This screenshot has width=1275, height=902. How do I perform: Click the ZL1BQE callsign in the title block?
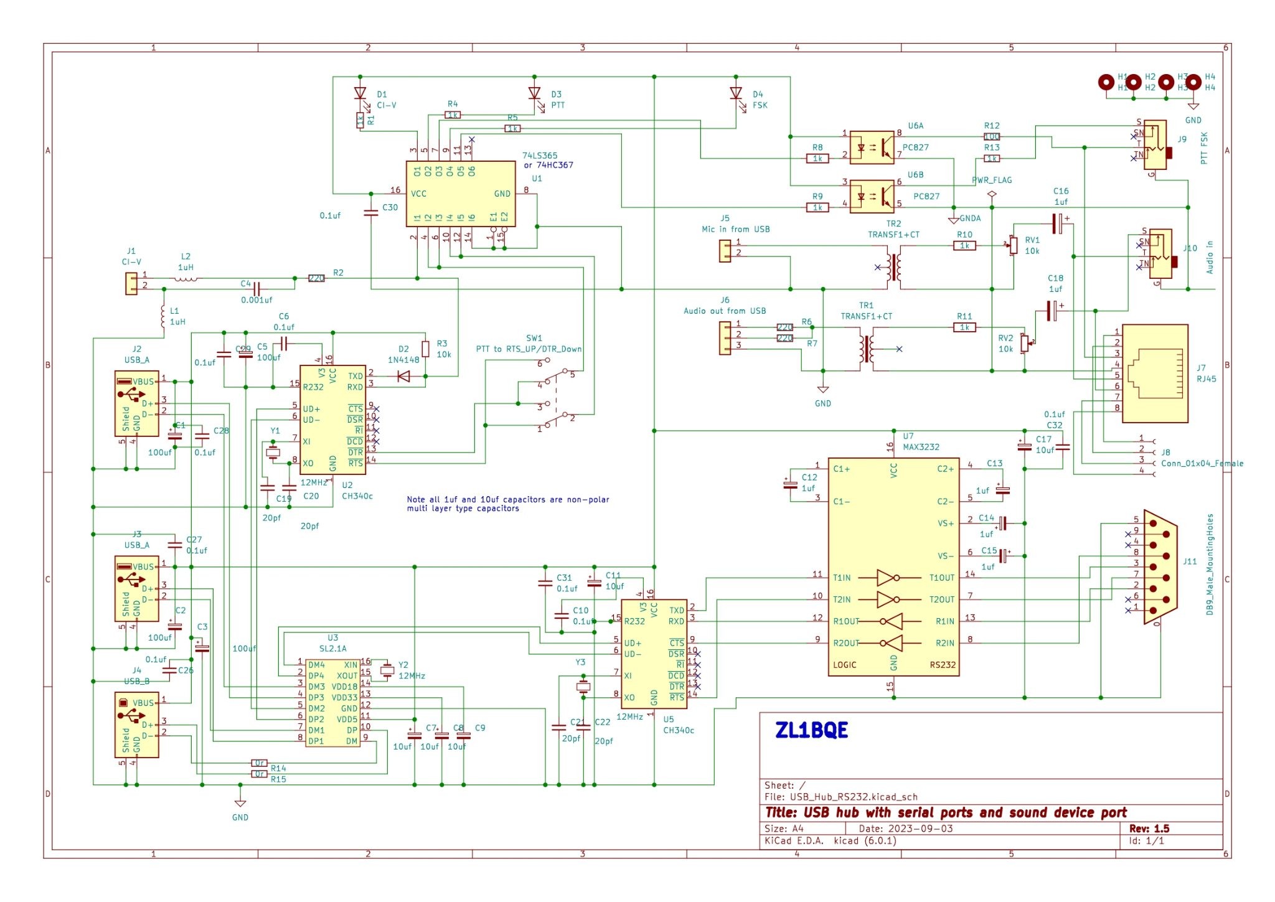(811, 730)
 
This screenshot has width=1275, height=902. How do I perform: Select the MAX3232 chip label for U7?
(921, 447)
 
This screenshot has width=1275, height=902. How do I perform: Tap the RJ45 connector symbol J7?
(1155, 373)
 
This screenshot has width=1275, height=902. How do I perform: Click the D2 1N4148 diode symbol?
(403, 376)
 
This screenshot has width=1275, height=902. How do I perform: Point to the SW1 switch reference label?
(534, 338)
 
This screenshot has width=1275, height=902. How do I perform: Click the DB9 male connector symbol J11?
(1159, 566)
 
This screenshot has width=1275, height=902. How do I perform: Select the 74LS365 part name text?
(540, 156)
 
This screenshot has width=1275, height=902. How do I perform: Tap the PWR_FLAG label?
(992, 181)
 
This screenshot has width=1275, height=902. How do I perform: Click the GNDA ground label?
(970, 218)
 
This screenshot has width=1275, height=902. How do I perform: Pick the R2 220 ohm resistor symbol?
(316, 278)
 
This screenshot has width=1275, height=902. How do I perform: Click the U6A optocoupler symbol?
(872, 148)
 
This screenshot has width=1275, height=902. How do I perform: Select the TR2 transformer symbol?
(894, 267)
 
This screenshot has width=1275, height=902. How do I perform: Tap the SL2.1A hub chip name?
(332, 649)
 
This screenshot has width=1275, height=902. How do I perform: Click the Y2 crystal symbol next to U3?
(387, 670)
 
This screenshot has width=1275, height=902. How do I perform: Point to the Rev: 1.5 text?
(1149, 829)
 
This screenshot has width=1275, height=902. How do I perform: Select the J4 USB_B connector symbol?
(137, 725)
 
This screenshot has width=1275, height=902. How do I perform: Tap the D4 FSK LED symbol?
(736, 93)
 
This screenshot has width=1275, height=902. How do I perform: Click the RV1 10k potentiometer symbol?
(1013, 245)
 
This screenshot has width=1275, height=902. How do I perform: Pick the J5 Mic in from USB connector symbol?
(725, 251)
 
